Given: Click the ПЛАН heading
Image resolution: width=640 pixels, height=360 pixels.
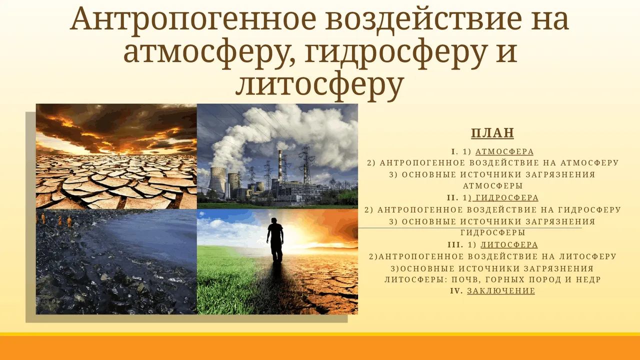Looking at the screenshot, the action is click(492, 133).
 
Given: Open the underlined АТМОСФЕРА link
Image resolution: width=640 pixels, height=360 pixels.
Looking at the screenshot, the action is click(504, 151).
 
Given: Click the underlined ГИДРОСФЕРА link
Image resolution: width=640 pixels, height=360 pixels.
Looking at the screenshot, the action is click(507, 197).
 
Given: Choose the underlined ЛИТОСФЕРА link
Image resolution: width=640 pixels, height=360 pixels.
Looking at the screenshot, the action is click(509, 244).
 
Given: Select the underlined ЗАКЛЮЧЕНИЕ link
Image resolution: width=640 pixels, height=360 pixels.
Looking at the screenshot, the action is click(501, 291).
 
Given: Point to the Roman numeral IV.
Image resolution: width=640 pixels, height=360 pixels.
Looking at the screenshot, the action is click(456, 291).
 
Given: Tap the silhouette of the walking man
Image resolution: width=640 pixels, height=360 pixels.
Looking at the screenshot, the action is click(275, 240).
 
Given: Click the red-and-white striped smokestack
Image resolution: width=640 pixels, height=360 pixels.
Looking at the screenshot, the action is click(280, 165).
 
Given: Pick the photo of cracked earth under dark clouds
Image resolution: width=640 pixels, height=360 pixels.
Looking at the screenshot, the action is click(116, 156).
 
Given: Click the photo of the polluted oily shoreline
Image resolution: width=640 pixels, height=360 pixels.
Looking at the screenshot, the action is click(116, 261).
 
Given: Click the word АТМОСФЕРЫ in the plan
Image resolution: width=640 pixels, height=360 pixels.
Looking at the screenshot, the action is click(493, 186).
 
